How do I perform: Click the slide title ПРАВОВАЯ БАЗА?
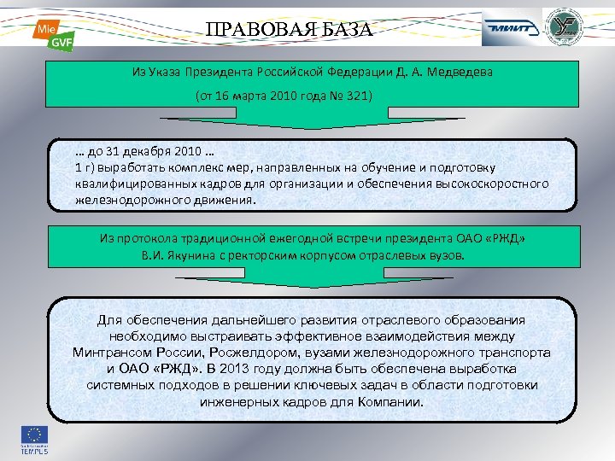coord(290,30)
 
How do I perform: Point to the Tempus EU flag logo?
coord(35,440)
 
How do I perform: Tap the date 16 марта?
coord(229,95)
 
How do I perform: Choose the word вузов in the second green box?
coord(448,254)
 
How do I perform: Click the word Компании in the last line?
coord(394,401)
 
